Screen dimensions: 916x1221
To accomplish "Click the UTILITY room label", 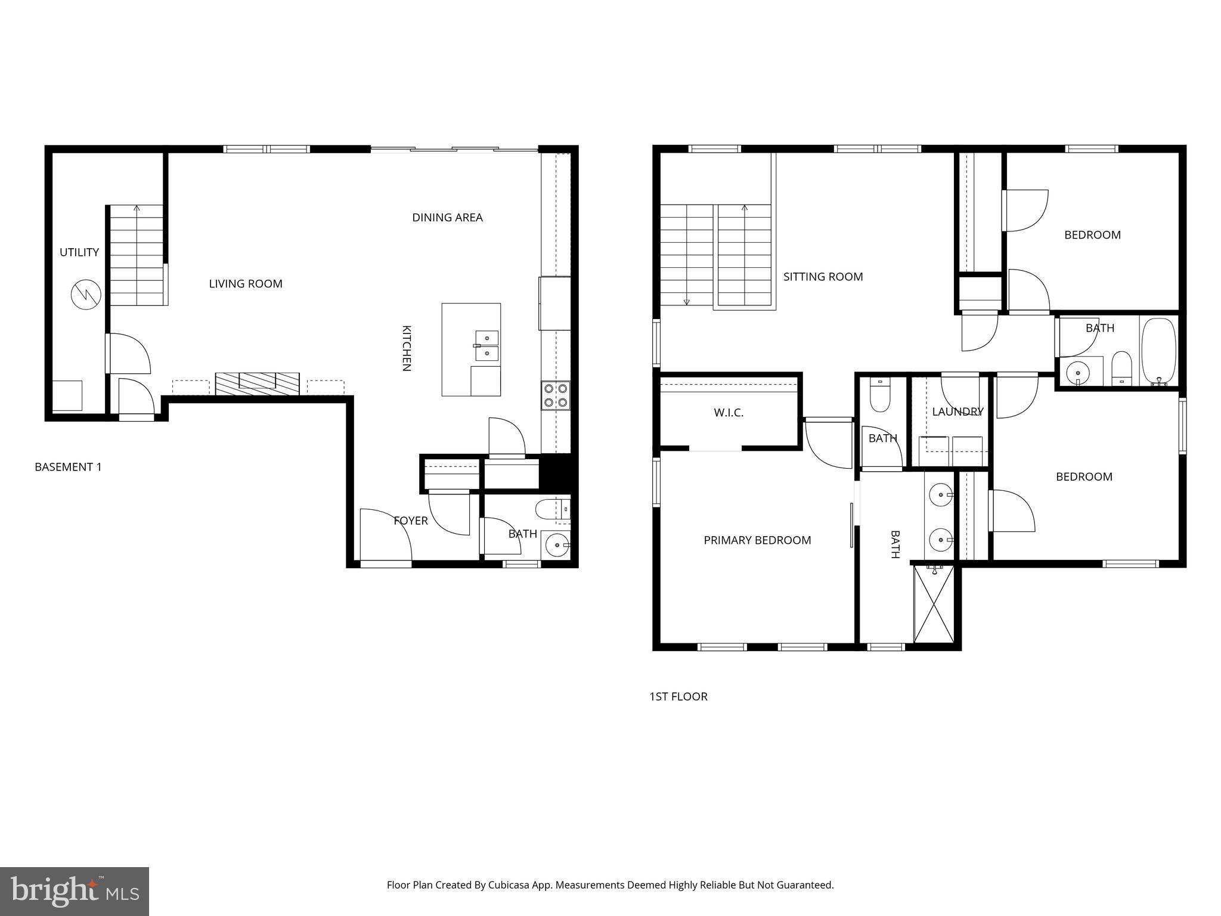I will click(79, 252).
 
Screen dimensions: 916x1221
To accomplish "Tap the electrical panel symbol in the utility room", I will click(86, 294).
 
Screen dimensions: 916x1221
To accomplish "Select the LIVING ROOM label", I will click(245, 284).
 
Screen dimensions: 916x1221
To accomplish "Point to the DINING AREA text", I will click(447, 218).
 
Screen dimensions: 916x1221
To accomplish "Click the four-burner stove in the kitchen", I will click(555, 395).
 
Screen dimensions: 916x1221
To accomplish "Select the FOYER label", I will click(410, 521).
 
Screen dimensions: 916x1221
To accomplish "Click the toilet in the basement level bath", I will click(547, 509).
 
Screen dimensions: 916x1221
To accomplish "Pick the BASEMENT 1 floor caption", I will click(68, 467).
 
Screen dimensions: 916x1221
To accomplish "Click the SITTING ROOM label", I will click(823, 277).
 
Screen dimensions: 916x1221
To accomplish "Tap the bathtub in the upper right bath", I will click(1158, 351).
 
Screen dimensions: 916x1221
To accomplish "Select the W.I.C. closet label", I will click(729, 413).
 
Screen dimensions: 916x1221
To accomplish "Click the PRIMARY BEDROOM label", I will click(757, 540).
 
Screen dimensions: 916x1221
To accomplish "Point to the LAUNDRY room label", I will click(957, 411).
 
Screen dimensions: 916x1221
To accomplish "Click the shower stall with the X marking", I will click(934, 604).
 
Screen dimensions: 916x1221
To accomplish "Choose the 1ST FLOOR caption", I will click(678, 697).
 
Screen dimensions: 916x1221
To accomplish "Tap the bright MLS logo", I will click(74, 891).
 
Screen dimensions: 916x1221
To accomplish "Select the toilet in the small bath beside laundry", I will click(880, 395).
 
